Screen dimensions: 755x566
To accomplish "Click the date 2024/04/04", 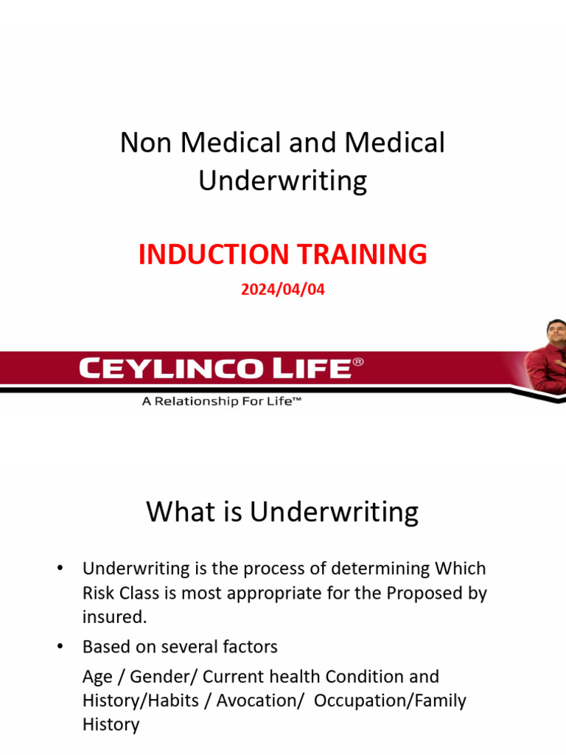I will pos(282,290).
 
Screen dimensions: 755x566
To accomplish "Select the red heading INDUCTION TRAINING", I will pos(282,254).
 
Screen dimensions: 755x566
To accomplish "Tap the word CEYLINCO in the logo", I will pos(165,368).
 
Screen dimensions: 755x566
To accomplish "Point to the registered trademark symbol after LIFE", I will pos(359,362).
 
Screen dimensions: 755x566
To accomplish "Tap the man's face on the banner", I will pos(555,333).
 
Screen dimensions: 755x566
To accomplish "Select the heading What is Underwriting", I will pos(282,511).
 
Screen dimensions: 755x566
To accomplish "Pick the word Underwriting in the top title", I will pos(282,181).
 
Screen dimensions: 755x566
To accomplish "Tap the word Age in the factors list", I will pos(98,677).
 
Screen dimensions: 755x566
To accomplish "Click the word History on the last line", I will pos(111,724).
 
